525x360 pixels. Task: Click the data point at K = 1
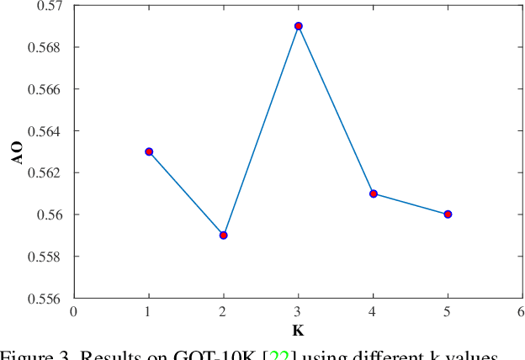[149, 151]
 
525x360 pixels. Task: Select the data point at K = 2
[223, 235]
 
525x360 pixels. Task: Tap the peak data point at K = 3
[299, 26]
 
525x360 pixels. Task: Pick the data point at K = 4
[374, 193]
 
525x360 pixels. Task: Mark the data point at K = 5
[448, 214]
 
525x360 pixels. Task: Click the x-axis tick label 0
[74, 312]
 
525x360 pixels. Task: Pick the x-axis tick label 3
[299, 312]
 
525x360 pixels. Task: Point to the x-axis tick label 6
[522, 312]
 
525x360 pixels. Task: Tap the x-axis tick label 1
[149, 312]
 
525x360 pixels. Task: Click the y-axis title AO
[20, 151]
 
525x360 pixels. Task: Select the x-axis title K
[298, 331]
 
